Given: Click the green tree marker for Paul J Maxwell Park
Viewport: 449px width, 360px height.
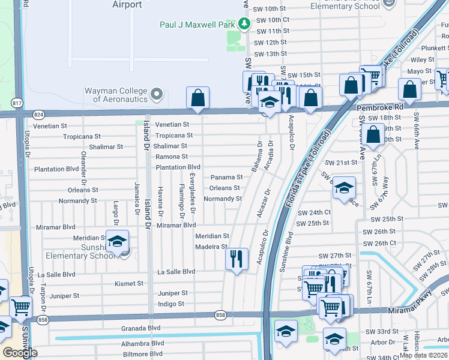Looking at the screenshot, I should (244, 24).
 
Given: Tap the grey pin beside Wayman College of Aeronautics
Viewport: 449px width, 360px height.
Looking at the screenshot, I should (157, 95).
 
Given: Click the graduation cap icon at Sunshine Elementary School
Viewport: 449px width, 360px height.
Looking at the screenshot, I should (118, 241).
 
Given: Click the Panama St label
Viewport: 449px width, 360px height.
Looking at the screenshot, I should (226, 178).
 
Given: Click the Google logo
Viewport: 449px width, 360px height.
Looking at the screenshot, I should (20, 353).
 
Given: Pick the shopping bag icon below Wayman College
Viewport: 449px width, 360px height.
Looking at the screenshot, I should (197, 98).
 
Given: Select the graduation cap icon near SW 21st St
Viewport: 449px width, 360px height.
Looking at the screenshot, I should (344, 188).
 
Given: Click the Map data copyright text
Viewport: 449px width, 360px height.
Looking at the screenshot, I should (423, 355).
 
